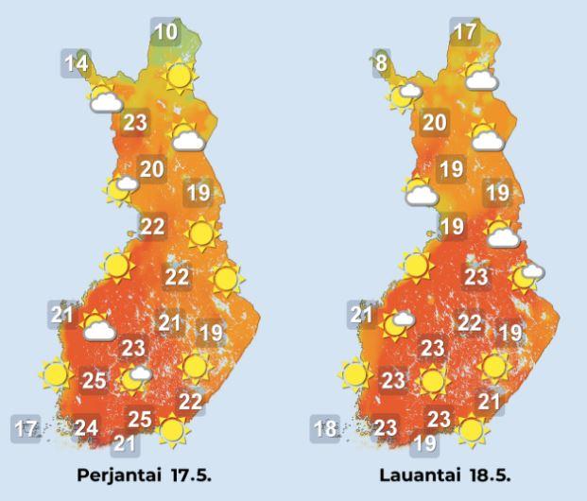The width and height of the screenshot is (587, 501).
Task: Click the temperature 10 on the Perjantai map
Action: point(165,32)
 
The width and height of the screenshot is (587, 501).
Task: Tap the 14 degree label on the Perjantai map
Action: point(77,64)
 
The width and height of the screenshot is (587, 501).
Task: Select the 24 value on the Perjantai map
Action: point(87,428)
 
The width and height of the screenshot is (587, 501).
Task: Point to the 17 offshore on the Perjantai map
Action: point(26,428)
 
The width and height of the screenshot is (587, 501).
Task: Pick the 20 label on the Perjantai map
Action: point(152,169)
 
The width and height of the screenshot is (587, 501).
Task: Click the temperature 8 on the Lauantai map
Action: point(381,64)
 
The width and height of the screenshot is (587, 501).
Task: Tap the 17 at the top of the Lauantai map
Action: point(464,32)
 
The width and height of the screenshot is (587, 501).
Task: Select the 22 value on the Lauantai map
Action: point(470,322)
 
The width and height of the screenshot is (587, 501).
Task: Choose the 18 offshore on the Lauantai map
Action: point(325,428)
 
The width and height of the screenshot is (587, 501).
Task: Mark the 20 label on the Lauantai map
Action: point(434,122)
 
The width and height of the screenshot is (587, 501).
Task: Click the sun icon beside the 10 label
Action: point(177,76)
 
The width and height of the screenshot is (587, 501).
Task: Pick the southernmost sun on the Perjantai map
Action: point(171,431)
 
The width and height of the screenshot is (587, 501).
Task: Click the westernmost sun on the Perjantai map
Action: point(55,375)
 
